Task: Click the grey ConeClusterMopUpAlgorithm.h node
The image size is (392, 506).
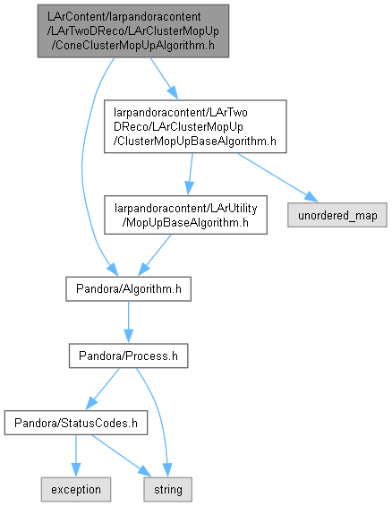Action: (x=133, y=31)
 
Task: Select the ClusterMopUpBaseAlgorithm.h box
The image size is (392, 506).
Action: (x=195, y=126)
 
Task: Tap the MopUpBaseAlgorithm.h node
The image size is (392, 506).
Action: (x=185, y=215)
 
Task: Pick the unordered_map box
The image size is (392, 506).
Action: (x=337, y=215)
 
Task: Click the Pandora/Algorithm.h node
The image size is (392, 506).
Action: (x=128, y=288)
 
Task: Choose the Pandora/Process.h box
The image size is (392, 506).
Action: (x=128, y=356)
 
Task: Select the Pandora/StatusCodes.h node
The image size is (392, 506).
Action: (x=76, y=423)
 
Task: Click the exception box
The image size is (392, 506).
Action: (x=76, y=490)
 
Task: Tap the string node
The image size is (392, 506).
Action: (x=168, y=490)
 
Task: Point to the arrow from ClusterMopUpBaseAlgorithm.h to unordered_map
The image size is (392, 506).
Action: (x=277, y=178)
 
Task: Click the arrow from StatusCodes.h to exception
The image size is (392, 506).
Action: (x=76, y=456)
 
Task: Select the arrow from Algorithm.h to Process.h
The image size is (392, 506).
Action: (x=128, y=322)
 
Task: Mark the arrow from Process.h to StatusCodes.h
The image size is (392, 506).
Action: (x=102, y=389)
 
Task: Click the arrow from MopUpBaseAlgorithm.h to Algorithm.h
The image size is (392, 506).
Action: (x=155, y=255)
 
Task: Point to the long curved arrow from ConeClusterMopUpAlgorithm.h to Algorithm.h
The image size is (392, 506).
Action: (x=82, y=167)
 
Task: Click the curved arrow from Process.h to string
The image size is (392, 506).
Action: (x=158, y=419)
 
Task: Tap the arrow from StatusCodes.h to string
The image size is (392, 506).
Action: (x=121, y=455)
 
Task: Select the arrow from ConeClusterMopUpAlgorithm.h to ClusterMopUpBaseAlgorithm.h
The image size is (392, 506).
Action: (x=164, y=79)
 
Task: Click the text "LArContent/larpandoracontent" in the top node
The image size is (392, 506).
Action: (x=124, y=16)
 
